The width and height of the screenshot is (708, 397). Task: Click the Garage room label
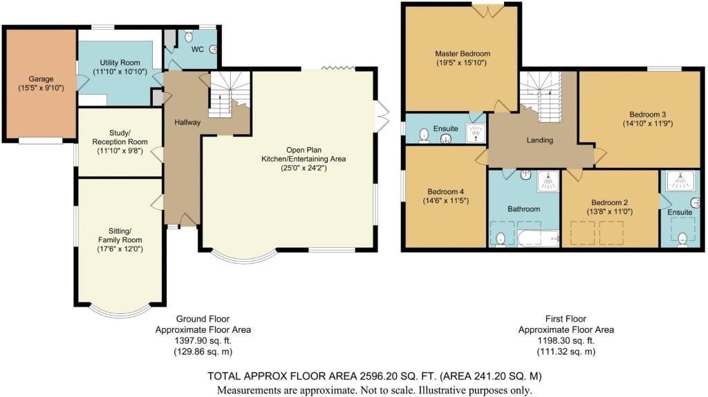(x=41, y=79)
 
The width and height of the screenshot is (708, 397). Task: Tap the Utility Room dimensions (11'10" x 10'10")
(x=120, y=71)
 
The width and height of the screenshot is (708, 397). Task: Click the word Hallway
(x=187, y=122)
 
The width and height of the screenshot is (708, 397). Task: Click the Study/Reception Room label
(x=120, y=137)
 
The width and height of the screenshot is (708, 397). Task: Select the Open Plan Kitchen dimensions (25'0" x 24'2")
(x=304, y=168)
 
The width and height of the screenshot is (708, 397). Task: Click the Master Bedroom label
(x=463, y=54)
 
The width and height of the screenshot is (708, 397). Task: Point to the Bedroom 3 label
(x=647, y=115)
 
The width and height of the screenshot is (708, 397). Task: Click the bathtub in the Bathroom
(x=538, y=238)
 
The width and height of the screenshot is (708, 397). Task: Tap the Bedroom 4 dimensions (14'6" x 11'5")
(x=446, y=200)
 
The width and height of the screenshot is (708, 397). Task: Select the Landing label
(x=539, y=140)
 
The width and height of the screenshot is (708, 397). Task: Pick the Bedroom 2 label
(x=610, y=202)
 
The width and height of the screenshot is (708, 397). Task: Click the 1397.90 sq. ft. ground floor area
(x=203, y=340)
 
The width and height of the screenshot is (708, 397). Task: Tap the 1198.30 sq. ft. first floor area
(x=566, y=340)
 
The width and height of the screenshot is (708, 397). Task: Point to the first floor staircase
(x=541, y=96)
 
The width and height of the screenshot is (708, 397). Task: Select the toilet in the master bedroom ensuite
(x=424, y=135)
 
